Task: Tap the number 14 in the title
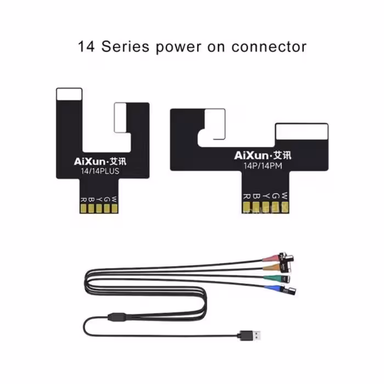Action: coord(87,47)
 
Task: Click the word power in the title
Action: coord(178,47)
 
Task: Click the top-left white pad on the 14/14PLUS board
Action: coord(70,95)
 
